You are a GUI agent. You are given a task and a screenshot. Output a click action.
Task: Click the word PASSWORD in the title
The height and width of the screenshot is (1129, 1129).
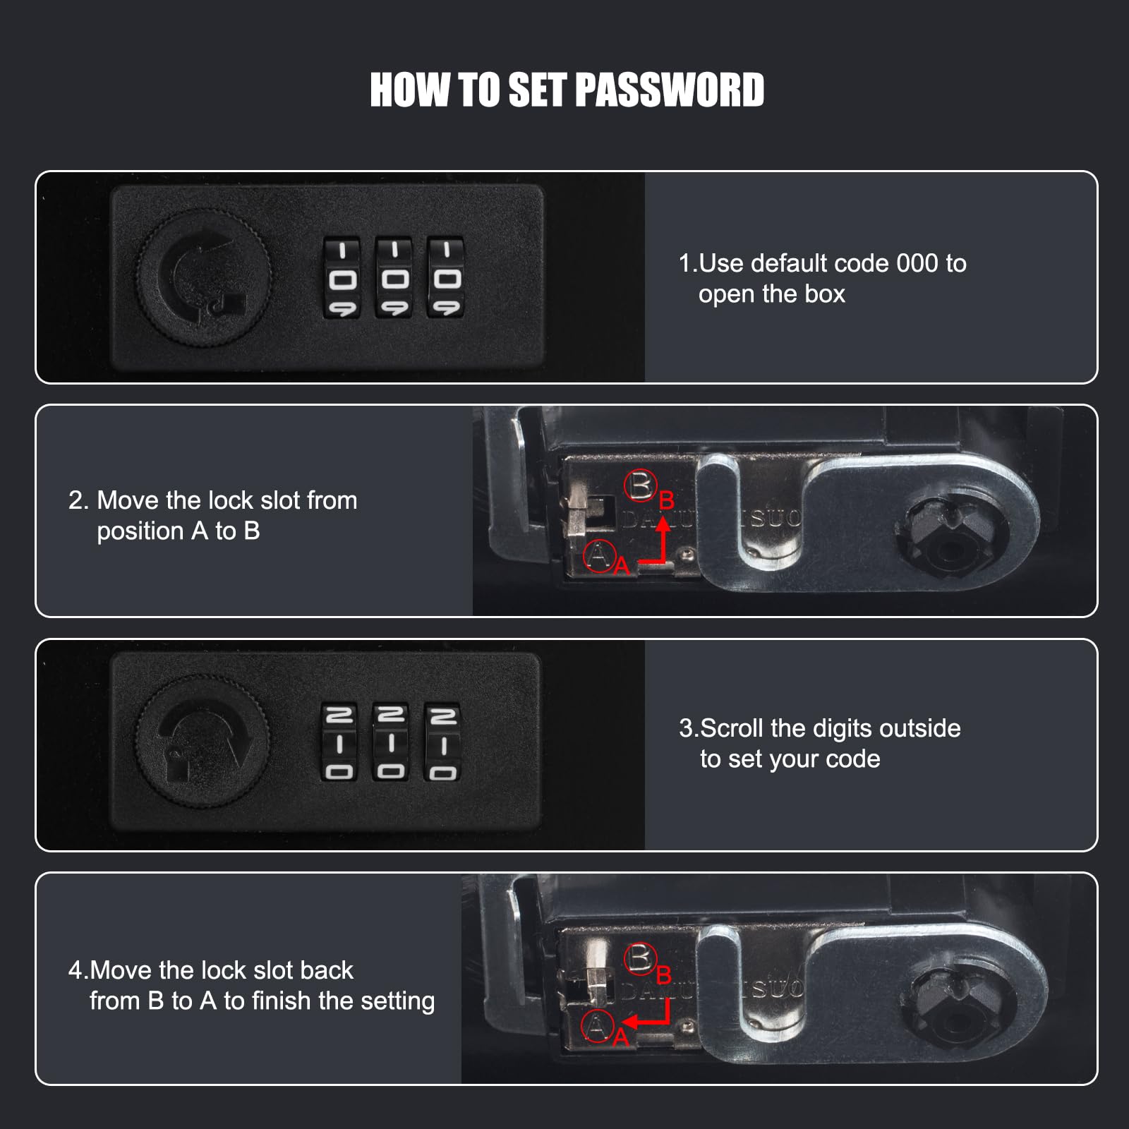[x=669, y=90]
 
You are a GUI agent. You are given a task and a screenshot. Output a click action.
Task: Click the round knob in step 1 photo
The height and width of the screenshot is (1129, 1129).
[x=203, y=277]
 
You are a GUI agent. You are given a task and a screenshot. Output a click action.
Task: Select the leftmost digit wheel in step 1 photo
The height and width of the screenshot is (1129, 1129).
[x=342, y=278]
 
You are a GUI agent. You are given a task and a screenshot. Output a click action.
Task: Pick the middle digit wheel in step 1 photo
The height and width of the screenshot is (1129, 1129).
[x=394, y=278]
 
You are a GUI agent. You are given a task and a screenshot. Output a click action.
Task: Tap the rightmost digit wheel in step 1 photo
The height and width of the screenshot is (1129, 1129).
[x=445, y=278]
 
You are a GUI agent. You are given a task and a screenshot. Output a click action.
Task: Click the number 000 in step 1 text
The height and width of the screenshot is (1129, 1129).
[x=917, y=263]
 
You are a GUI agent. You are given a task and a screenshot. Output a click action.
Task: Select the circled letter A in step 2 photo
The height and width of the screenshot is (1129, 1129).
[x=600, y=556]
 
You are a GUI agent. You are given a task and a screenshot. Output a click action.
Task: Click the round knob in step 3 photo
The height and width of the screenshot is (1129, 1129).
[x=203, y=742]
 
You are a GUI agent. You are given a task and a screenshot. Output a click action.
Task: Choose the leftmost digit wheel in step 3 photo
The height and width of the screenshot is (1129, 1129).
[x=340, y=742]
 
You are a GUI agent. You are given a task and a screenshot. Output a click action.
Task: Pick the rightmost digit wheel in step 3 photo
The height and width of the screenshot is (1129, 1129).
[x=442, y=742]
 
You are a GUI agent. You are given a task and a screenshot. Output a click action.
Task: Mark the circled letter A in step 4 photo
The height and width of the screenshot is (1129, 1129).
[x=598, y=1027]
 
